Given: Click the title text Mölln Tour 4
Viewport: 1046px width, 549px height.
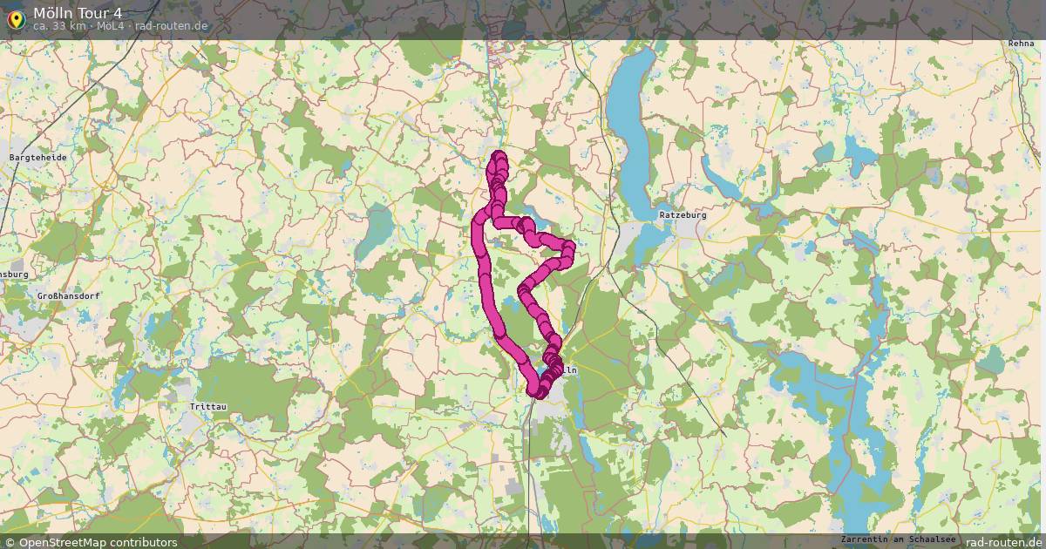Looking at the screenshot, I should point(78,13).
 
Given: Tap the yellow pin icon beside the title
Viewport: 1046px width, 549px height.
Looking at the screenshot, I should point(16,18).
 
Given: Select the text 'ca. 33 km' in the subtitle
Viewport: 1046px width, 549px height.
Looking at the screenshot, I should point(60,26).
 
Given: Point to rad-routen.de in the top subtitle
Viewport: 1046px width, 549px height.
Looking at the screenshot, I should point(172,26).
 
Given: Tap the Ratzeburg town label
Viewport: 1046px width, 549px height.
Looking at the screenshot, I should point(683,214).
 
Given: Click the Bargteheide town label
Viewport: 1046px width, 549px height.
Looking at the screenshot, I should point(37,158).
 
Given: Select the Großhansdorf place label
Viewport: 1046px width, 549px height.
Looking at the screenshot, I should point(68,296).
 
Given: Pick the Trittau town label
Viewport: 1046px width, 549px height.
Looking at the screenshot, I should point(207,407).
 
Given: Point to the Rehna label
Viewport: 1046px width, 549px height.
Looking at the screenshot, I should point(1021,43).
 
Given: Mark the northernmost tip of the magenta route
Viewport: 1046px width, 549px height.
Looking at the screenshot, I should point(499,155).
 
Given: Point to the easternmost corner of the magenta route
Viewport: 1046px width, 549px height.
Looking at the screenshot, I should point(570,248).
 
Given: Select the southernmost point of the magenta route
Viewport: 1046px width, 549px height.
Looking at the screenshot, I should point(535,394).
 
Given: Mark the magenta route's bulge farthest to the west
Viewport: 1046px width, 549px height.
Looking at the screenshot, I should point(476,232).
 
